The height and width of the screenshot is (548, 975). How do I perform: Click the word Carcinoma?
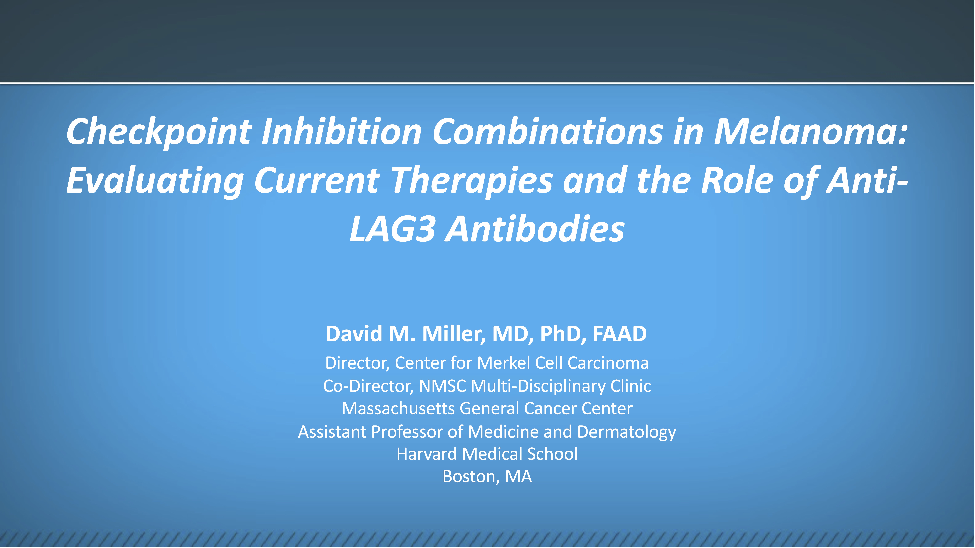tap(608, 363)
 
